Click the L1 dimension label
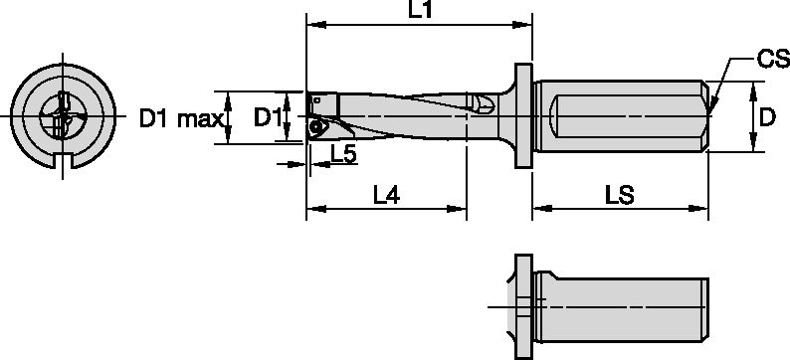point(420,11)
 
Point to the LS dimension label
point(619,196)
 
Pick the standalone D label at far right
point(767,118)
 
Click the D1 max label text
point(180,120)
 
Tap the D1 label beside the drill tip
point(267,118)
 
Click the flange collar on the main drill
point(521,115)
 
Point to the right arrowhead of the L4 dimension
point(461,209)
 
